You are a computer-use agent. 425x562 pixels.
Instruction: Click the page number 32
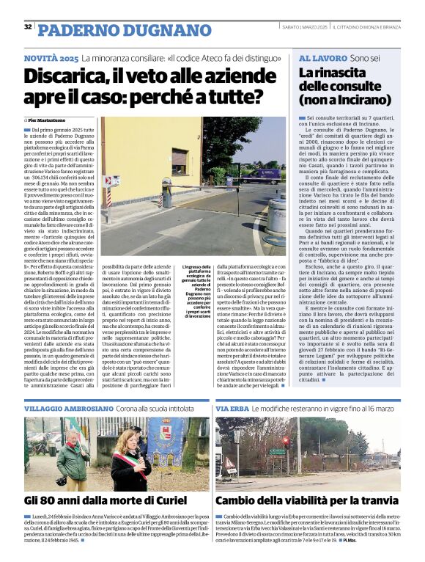28,27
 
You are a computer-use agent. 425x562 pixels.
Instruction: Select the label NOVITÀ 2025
51,58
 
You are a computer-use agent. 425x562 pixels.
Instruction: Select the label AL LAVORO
322,57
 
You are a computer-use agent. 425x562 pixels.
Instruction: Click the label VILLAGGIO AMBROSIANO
67,408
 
